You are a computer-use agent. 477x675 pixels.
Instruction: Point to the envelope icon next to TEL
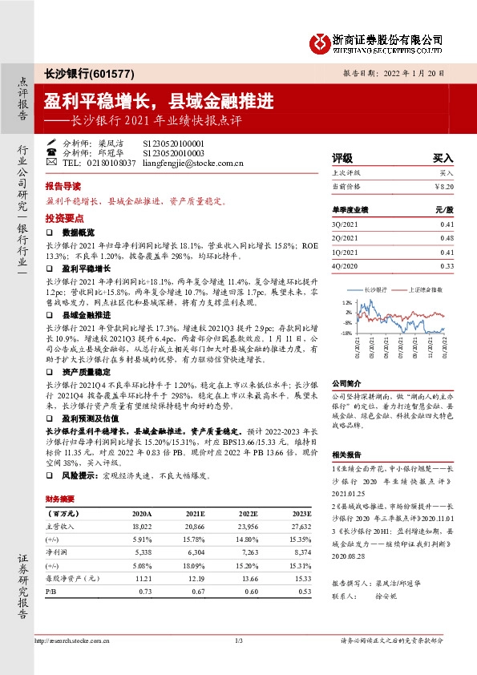click(52, 163)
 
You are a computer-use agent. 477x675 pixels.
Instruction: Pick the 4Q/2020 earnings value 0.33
click(447, 265)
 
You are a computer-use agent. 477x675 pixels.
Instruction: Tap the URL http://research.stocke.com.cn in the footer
click(70, 641)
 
